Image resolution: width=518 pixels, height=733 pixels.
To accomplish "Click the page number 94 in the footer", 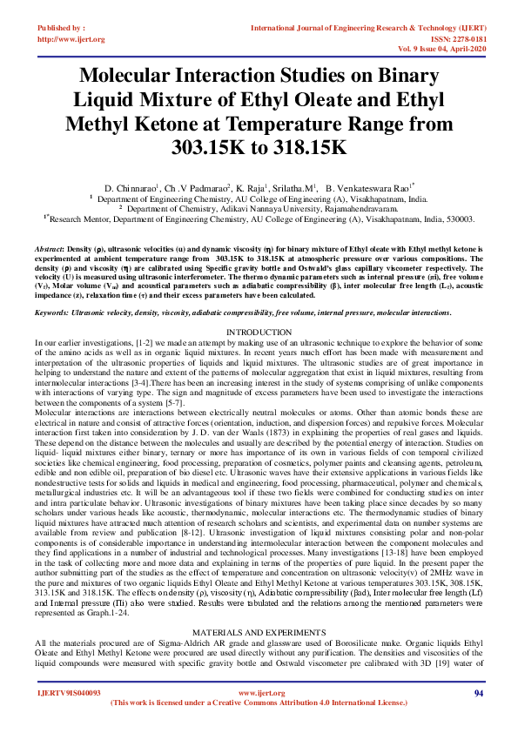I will [478, 692].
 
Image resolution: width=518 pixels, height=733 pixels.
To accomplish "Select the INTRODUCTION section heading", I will [259, 333].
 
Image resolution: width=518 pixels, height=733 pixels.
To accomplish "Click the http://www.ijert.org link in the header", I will [71, 39].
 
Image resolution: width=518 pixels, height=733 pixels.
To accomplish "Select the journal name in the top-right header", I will [367, 28].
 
